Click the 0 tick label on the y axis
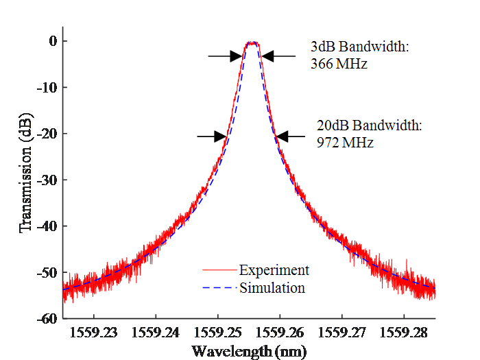[53, 41]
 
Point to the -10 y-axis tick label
[47, 88]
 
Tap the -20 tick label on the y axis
[47, 134]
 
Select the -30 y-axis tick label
[47, 180]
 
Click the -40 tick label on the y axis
[47, 226]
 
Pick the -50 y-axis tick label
[47, 273]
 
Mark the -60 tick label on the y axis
[47, 319]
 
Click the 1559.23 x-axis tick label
[93, 333]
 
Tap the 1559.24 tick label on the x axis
[155, 333]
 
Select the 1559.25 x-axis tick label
[217, 333]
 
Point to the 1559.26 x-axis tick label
[280, 333]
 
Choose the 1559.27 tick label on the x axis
[342, 333]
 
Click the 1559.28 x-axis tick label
[403, 333]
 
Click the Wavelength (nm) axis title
[249, 351]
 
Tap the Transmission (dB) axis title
[26, 173]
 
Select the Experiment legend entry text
[274, 270]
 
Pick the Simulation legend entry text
[272, 288]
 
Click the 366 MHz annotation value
[339, 64]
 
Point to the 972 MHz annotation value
[345, 143]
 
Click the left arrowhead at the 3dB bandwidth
[237, 56]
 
